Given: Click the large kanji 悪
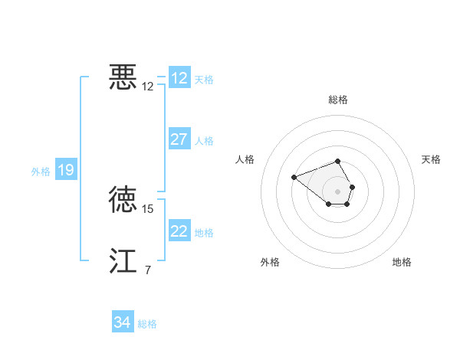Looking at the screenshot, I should [x=123, y=77].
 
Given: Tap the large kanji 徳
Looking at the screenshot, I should [x=123, y=199].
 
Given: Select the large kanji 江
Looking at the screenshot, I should [x=123, y=260].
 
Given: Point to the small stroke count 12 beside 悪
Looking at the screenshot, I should [x=148, y=87].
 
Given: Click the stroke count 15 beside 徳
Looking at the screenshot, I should [x=148, y=208].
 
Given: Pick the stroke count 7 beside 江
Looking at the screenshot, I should [x=147, y=270].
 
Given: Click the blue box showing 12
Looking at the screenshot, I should [x=179, y=78].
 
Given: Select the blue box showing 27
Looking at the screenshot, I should [x=179, y=139].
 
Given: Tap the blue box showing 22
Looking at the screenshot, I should [x=179, y=231].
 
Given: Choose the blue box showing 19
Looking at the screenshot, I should [x=66, y=170].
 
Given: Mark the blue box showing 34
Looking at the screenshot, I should [x=123, y=323].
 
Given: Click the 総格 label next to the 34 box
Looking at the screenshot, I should [x=147, y=324].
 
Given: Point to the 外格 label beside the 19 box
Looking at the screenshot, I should [x=41, y=172].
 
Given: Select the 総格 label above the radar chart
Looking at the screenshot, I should [x=338, y=100].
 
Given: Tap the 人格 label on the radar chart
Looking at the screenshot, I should [x=245, y=159].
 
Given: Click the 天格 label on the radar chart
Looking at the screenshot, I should [x=431, y=159].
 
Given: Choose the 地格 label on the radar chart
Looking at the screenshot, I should [x=402, y=263].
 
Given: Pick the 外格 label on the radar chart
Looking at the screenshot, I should [x=270, y=263].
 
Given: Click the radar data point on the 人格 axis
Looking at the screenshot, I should [x=294, y=178].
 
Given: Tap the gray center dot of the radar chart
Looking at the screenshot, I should [x=338, y=191].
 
